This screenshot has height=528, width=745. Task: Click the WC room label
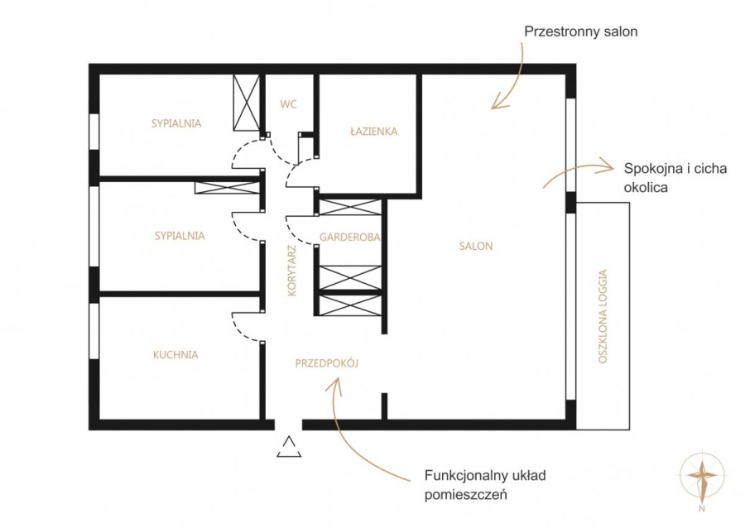(288, 104)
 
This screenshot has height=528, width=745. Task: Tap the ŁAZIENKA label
(374, 131)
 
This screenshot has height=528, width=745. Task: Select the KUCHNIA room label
(175, 355)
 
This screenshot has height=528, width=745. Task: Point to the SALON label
(476, 246)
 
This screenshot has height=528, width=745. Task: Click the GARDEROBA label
(349, 237)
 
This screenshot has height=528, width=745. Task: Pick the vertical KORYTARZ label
(292, 271)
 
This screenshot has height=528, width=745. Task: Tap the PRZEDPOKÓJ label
(327, 363)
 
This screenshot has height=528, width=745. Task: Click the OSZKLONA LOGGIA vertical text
(603, 317)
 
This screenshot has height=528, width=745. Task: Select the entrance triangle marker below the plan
(289, 447)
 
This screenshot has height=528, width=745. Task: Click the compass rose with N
(703, 476)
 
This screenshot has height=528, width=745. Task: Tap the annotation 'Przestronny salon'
(580, 31)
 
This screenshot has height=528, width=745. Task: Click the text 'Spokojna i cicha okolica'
(675, 178)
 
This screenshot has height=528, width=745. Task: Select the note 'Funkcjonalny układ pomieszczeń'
(485, 485)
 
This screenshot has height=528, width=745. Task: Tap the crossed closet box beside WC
(247, 103)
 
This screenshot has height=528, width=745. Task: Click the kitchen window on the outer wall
(94, 331)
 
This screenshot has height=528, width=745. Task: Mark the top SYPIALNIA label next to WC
(176, 123)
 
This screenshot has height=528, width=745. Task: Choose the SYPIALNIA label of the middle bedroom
(180, 236)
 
